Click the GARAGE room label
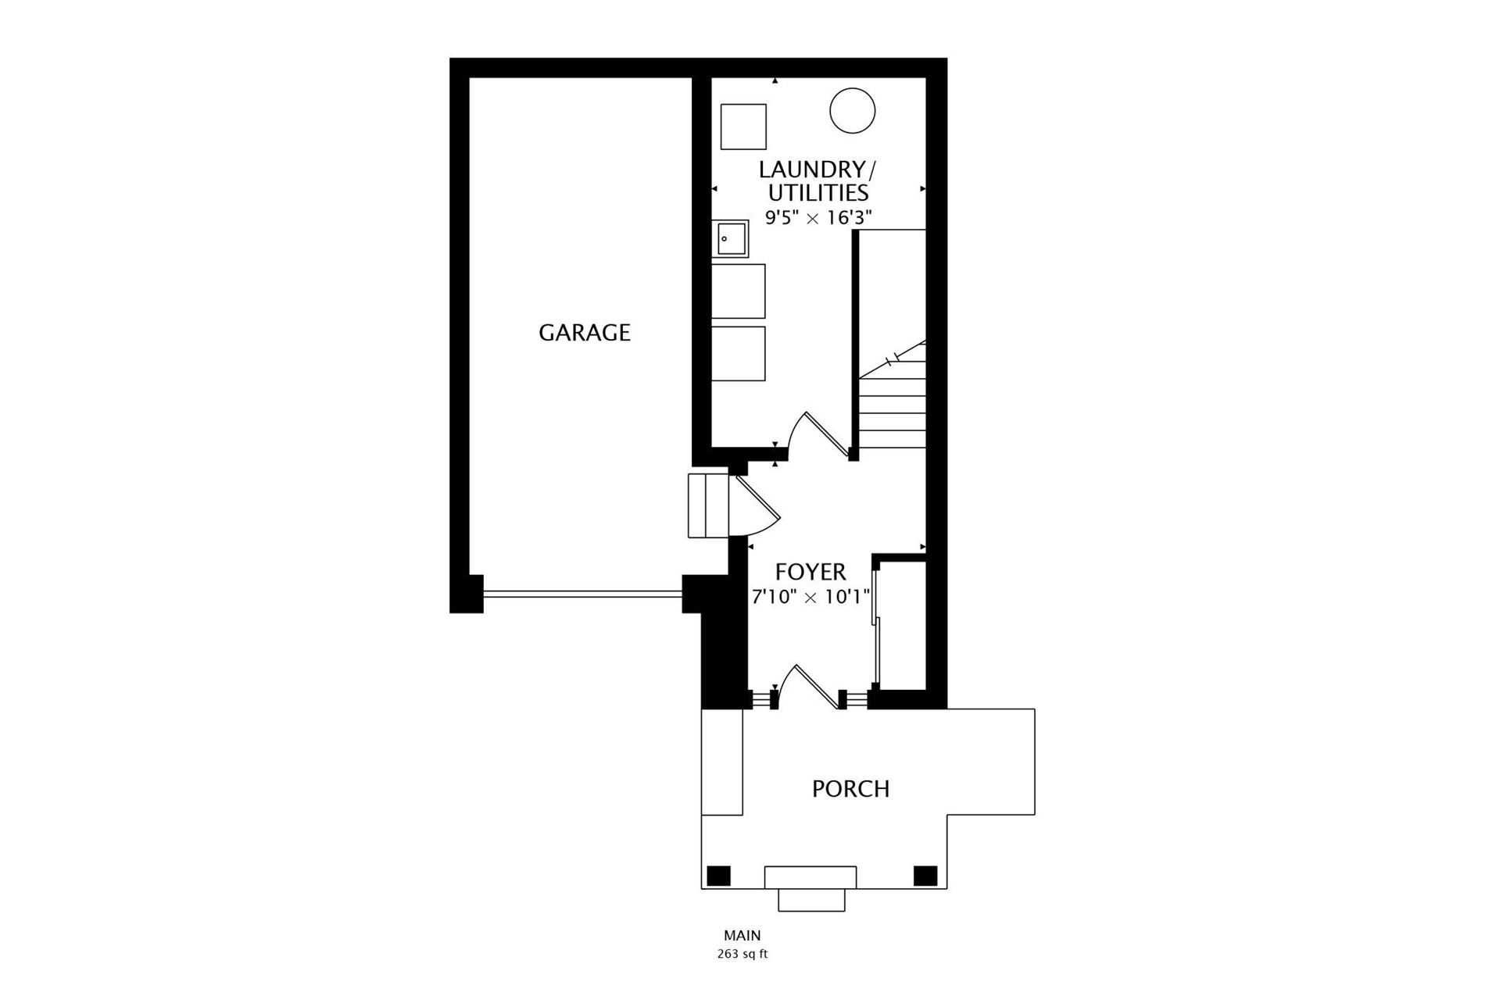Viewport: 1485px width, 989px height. (x=584, y=333)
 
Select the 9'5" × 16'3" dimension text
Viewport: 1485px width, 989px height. (x=818, y=218)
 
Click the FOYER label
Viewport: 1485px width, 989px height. (x=810, y=573)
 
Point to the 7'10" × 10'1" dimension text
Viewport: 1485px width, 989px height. (x=810, y=598)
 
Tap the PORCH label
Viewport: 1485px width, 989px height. (x=850, y=789)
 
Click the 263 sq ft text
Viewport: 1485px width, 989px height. (x=742, y=954)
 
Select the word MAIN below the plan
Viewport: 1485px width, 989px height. (x=742, y=935)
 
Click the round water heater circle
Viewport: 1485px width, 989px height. (x=852, y=111)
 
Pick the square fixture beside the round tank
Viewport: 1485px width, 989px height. (x=743, y=127)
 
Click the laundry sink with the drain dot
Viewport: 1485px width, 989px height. (x=730, y=239)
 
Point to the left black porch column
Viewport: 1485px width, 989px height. (x=718, y=876)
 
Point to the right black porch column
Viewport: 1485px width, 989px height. (x=925, y=876)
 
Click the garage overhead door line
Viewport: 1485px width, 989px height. (x=583, y=594)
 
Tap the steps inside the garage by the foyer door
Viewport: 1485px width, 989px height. (x=708, y=505)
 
